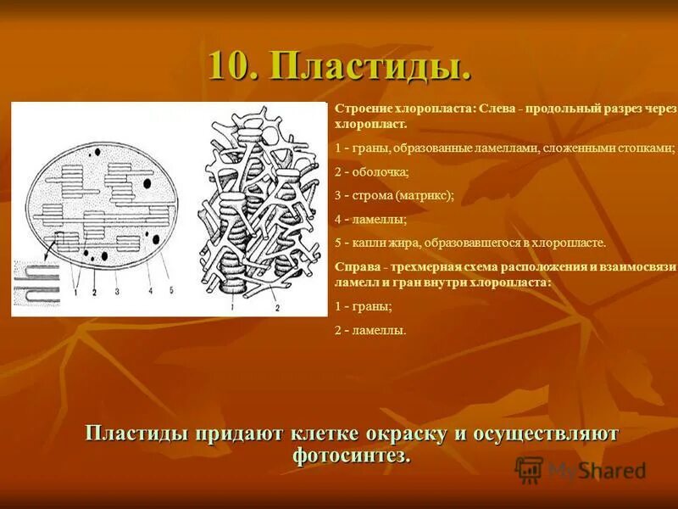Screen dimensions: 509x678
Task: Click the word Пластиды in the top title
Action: click(x=370, y=65)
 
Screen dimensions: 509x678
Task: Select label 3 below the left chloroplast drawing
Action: click(x=115, y=291)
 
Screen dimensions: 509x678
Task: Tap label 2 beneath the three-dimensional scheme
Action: click(x=277, y=308)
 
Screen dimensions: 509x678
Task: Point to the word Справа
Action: click(x=355, y=266)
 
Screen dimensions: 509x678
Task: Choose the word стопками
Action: click(x=644, y=148)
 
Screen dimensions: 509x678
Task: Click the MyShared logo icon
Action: click(x=529, y=470)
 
